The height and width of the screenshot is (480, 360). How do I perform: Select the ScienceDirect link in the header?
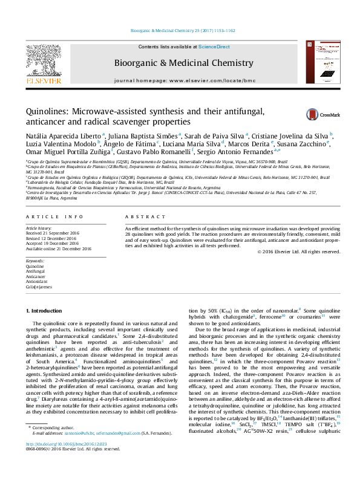tap(214, 47)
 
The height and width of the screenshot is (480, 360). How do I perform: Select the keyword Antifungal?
tap(36, 271)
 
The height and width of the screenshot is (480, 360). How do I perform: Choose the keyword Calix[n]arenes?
tap(39, 288)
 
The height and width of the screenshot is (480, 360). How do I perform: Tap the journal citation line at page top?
tap(180, 30)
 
